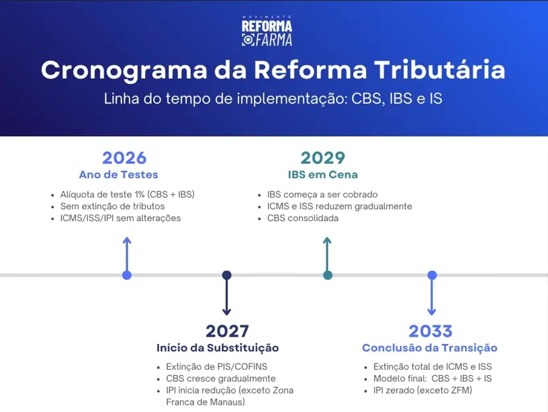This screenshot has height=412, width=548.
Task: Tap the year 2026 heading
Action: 124,158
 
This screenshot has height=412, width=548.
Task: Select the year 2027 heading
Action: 226,331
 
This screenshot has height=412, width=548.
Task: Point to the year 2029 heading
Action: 323,158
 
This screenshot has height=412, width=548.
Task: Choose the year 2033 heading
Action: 430,331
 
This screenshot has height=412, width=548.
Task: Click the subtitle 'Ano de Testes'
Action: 118,175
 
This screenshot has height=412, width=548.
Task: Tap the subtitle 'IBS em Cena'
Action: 323,175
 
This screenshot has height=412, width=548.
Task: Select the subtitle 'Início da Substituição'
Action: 218,348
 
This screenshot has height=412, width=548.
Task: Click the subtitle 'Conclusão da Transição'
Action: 429,348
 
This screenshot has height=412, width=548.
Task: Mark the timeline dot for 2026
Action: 127,275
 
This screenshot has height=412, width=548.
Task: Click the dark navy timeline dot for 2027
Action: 226,275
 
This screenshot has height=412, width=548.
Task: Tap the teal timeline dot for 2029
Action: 327,275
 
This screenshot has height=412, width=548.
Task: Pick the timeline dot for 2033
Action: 432,275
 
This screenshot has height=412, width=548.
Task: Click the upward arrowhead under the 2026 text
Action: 127,240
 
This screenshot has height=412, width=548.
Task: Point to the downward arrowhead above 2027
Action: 226,311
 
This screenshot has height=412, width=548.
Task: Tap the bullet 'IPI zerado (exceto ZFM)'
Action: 423,390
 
